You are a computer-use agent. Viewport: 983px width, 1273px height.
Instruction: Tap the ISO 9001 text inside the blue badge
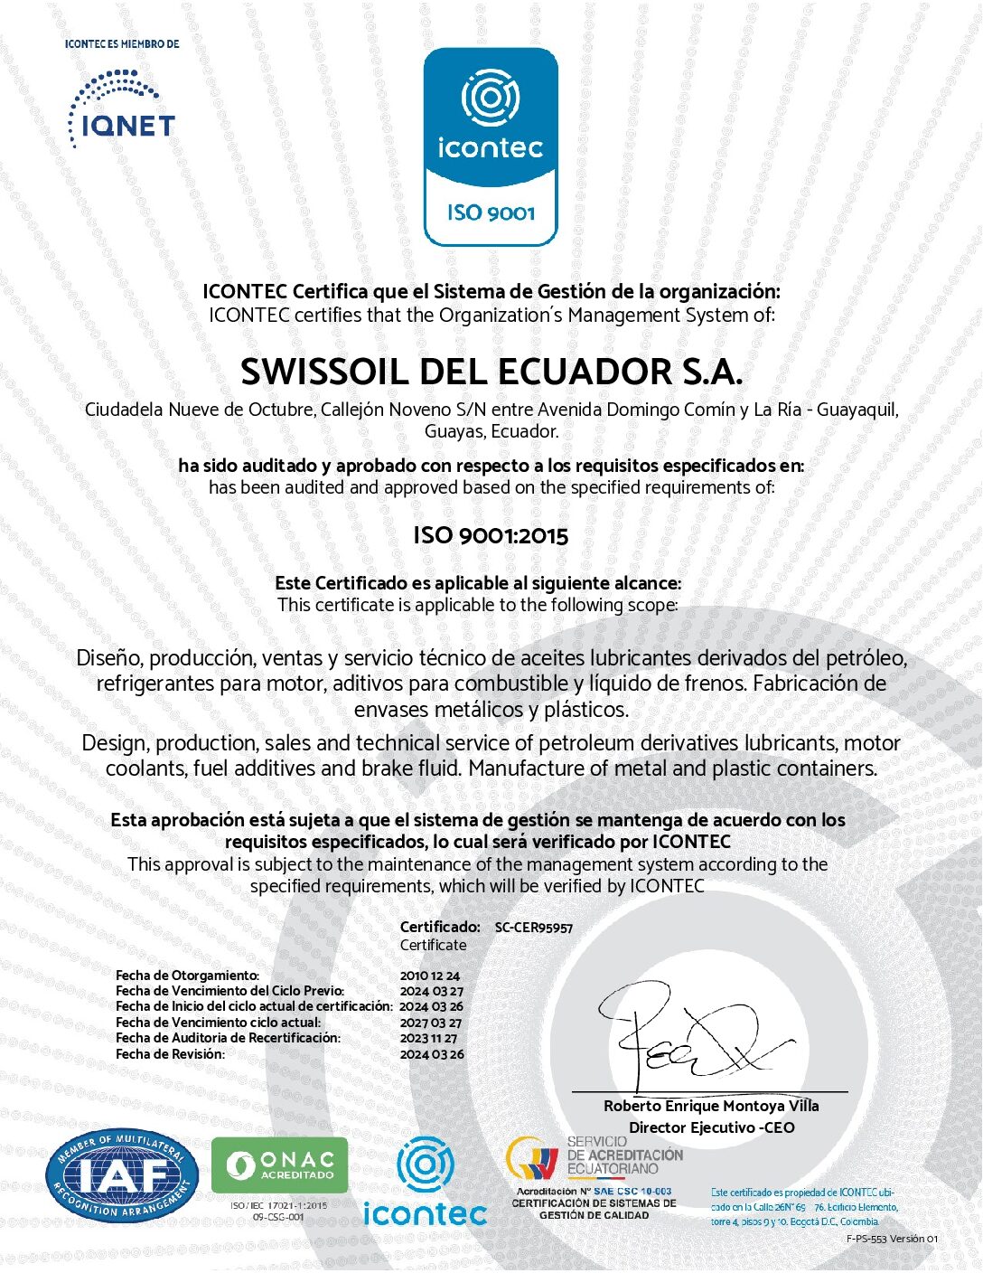[x=491, y=213]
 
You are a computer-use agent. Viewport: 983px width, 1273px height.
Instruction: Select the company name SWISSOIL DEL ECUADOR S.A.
[x=491, y=372]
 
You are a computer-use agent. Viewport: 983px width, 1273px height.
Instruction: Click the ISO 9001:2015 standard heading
[x=491, y=535]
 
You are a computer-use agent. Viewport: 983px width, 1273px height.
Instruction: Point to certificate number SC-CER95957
[x=533, y=928]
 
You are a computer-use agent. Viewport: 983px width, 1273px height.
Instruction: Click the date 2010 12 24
[x=430, y=976]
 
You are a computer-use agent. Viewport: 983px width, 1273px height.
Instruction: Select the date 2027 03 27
[x=431, y=1023]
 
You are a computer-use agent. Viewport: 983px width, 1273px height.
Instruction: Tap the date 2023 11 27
[x=429, y=1038]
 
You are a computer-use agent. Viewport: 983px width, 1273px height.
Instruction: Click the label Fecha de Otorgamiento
[x=187, y=976]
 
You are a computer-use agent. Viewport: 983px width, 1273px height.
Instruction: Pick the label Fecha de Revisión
[x=170, y=1054]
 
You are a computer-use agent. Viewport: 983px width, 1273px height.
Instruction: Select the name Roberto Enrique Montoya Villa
[x=711, y=1106]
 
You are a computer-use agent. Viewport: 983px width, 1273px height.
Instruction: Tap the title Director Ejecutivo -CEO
[x=711, y=1127]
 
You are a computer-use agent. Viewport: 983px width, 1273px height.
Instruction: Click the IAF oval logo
[x=122, y=1175]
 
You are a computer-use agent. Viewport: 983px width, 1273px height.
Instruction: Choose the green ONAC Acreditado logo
[x=279, y=1165]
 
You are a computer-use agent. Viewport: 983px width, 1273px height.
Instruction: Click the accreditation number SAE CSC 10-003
[x=632, y=1192]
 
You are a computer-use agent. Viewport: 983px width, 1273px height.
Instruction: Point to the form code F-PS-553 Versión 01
[x=892, y=1239]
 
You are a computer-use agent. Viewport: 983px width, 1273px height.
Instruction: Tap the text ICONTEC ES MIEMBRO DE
[x=122, y=43]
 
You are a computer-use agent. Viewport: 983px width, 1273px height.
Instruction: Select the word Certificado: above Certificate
[x=440, y=927]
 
